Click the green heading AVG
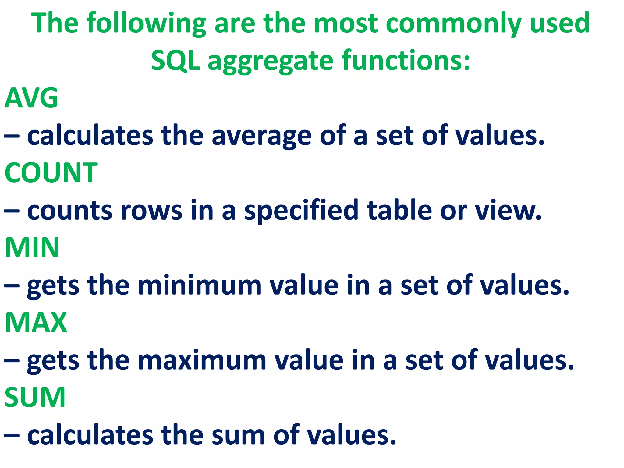click(x=31, y=98)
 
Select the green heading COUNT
click(x=51, y=173)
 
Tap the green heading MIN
click(x=32, y=247)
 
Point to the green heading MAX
click(x=36, y=322)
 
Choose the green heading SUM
click(x=35, y=397)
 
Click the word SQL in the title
click(x=175, y=60)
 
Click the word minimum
click(x=200, y=285)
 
